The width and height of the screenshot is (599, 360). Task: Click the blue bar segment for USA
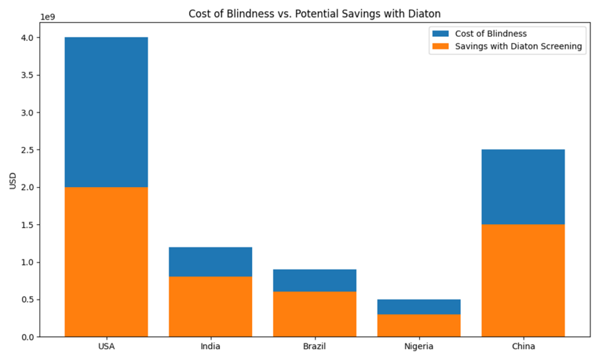point(106,112)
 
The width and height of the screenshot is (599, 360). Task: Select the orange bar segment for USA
point(106,262)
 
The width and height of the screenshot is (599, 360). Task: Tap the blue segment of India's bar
point(210,262)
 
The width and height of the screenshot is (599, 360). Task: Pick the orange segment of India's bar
point(210,306)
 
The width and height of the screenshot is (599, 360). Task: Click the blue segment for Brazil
point(314,280)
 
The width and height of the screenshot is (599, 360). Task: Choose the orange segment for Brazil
point(314,314)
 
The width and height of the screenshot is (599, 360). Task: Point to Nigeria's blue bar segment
point(418,307)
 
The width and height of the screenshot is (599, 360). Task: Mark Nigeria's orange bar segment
point(418,325)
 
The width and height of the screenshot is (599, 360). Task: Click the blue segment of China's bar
point(523,187)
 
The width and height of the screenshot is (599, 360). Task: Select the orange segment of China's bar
point(523,280)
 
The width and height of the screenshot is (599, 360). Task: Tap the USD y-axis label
point(13,181)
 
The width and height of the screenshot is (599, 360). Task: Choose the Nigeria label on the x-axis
point(418,347)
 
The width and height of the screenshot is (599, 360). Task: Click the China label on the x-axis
point(523,347)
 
